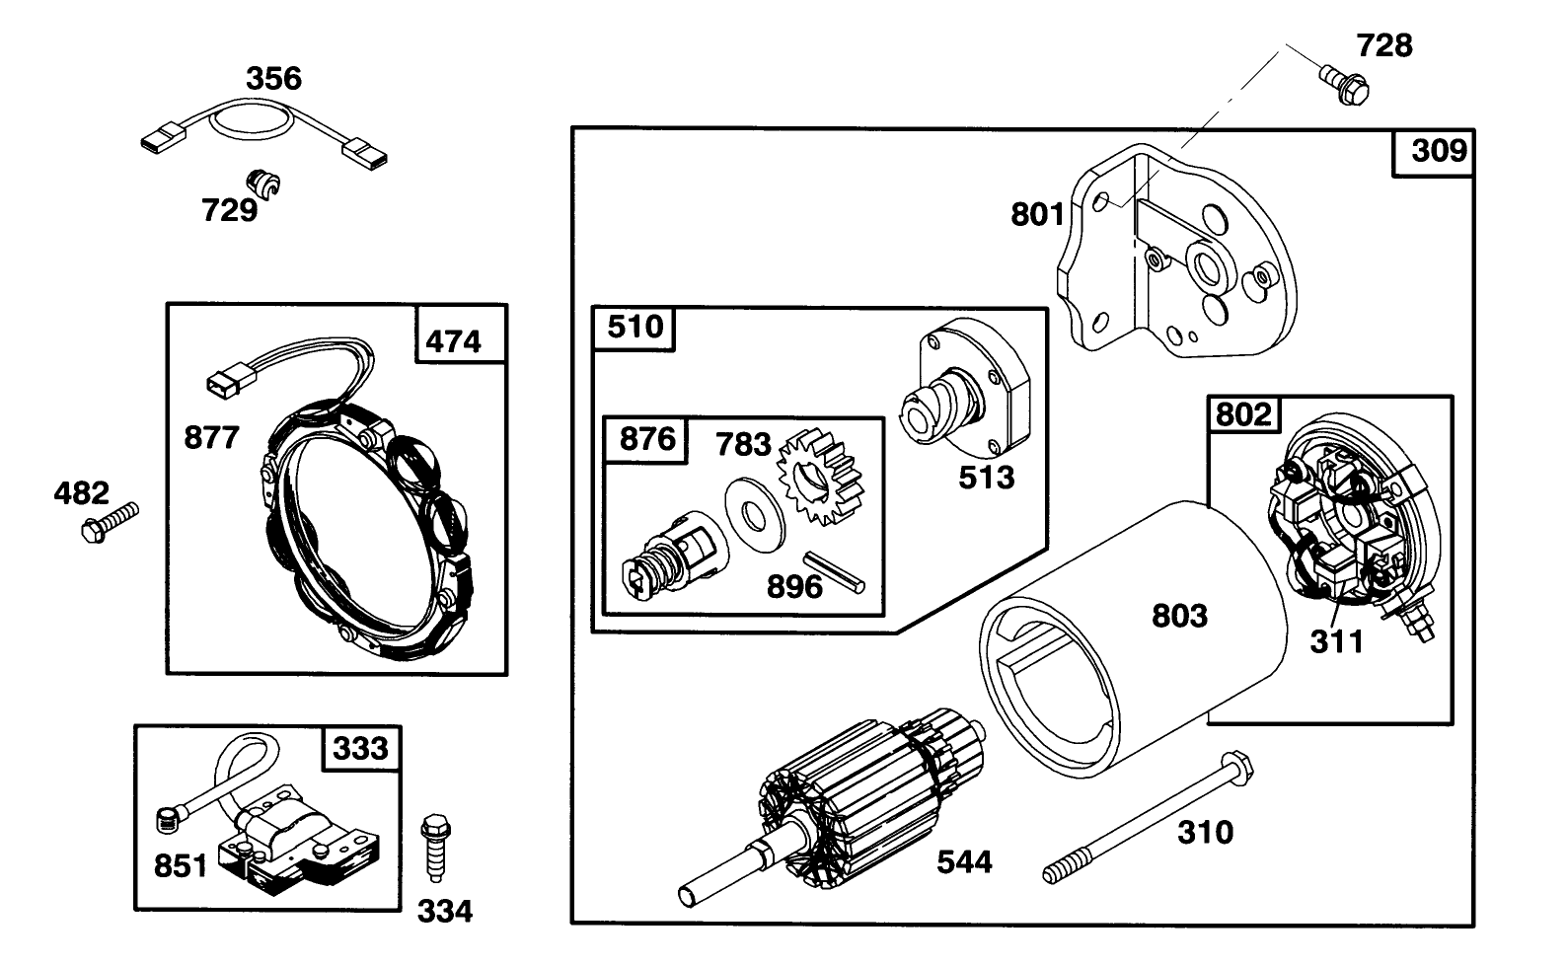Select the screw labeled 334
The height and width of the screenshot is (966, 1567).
pos(433,847)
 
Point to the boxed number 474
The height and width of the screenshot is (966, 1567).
pos(453,341)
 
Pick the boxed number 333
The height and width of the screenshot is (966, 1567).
pos(361,749)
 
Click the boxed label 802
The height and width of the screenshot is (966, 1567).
pos(1243,414)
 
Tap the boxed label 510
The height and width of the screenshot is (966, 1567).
pos(634,327)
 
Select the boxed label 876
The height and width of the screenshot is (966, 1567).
pos(646,438)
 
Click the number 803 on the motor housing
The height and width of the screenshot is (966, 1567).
pos(1179,616)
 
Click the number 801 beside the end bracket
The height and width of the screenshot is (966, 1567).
pos(1037,214)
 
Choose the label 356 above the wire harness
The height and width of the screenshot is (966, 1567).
pos(273,79)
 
